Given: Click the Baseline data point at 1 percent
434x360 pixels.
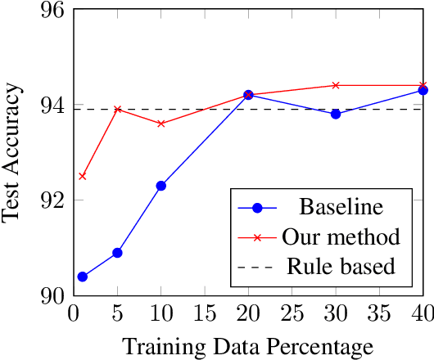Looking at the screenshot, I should (x=82, y=277).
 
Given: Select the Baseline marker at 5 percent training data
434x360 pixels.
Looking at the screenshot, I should (x=117, y=253).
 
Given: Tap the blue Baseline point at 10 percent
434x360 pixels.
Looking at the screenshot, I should (x=160, y=186).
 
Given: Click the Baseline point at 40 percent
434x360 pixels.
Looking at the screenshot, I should (x=423, y=90).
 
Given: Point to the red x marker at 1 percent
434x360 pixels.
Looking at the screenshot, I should (x=82, y=176).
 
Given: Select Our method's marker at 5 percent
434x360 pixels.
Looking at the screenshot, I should (x=117, y=109).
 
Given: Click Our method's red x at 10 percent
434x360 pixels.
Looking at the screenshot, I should (x=160, y=124).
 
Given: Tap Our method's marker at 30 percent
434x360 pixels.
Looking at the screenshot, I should (x=336, y=85).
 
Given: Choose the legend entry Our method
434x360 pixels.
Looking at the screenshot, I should (x=341, y=236).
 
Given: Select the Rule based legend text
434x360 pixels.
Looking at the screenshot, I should (x=341, y=266).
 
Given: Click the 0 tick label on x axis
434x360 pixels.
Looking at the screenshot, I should (x=74, y=315).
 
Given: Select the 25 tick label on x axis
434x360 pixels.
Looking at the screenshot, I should (x=292, y=315).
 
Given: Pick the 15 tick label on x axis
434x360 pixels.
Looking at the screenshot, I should (x=204, y=315).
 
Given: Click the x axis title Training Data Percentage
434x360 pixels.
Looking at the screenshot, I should (x=248, y=346).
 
